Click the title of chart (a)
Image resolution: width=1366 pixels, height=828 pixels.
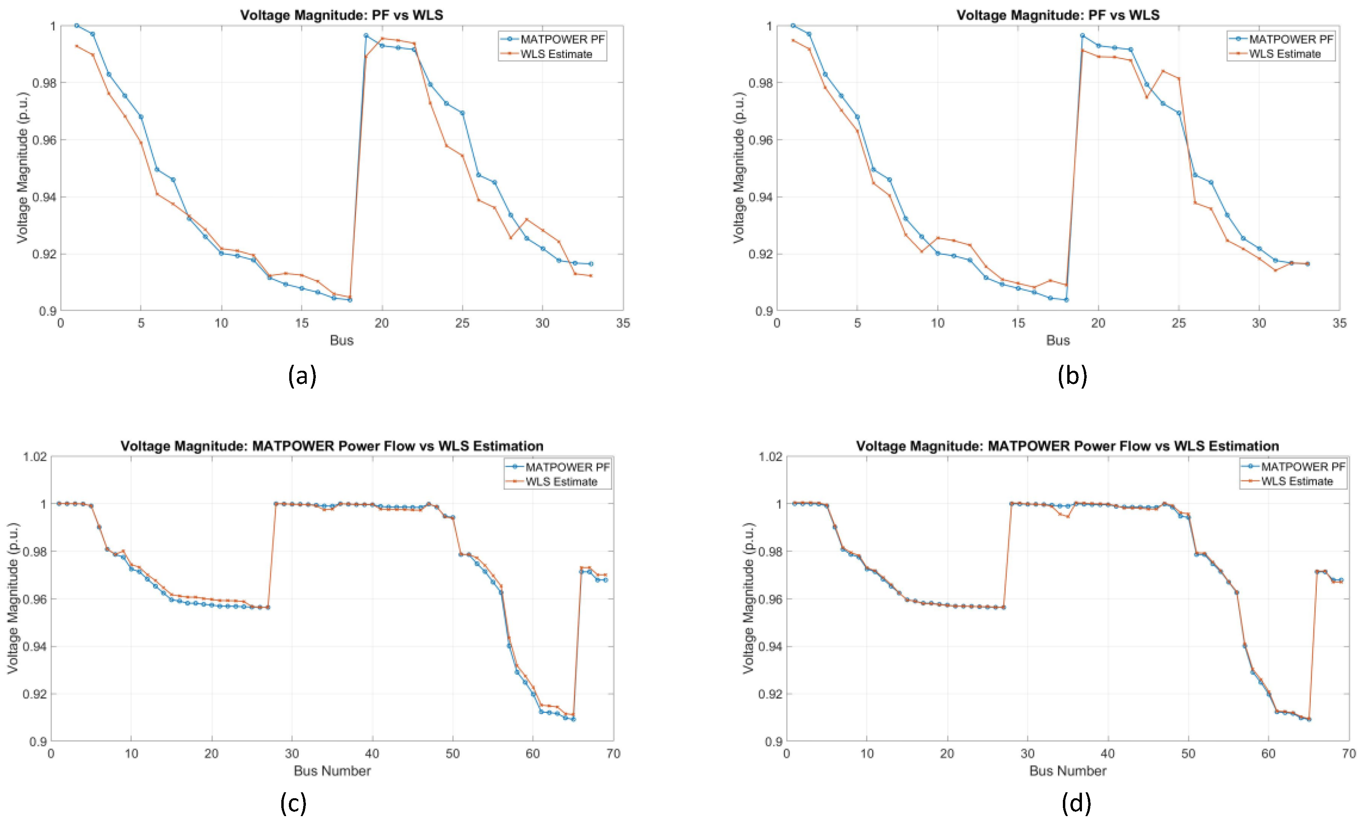[342, 15]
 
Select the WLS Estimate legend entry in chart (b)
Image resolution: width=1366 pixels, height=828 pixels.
[1285, 54]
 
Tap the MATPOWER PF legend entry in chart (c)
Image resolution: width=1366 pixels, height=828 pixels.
[567, 467]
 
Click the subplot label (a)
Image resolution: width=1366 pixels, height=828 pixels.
[302, 376]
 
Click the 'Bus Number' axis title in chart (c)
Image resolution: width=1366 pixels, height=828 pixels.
[332, 771]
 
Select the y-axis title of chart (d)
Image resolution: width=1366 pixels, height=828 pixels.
[748, 599]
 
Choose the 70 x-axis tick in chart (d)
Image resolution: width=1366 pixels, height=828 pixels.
[1349, 754]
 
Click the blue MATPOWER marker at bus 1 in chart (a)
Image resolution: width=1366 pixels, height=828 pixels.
[77, 25]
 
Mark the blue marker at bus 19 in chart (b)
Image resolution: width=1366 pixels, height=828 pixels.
[1082, 35]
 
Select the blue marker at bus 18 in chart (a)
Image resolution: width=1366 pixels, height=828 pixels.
[350, 300]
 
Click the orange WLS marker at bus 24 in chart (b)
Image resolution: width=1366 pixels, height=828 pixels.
[1162, 71]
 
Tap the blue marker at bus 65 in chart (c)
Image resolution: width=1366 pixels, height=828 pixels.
[573, 719]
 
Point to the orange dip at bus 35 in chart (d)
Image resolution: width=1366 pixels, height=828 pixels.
[1068, 517]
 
